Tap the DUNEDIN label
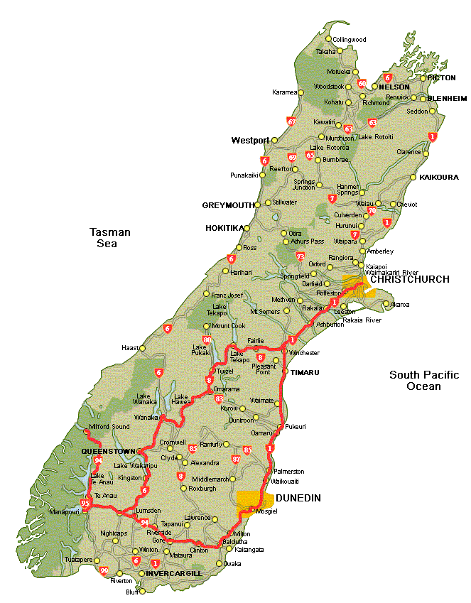pos(298,498)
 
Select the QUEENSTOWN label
pos(108,451)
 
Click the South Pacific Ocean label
pos(424,381)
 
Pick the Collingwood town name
pos(350,40)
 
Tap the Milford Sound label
pos(110,426)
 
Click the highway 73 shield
pos(301,256)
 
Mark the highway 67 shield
pos(291,121)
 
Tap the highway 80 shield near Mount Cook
pos(207,339)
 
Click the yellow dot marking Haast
pos(142,348)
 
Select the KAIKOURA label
pos(439,177)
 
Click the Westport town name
pos(250,141)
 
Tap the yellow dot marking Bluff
pos(141,591)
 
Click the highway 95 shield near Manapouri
pos(86,504)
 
